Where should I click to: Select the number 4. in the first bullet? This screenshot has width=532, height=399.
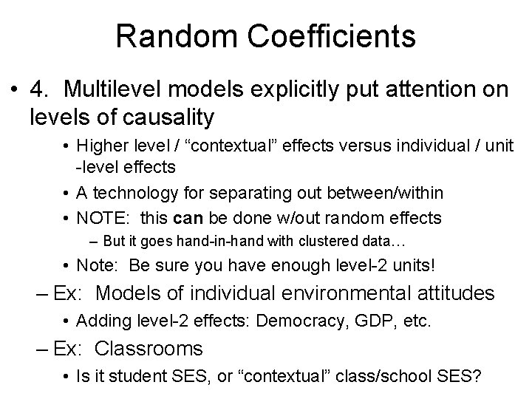click(40, 89)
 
